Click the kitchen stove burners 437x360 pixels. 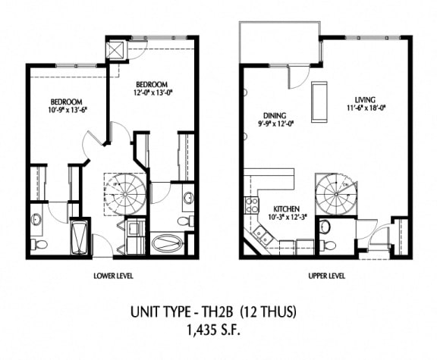pyautogui.click(x=250, y=205)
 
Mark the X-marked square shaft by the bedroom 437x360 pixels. pyautogui.click(x=117, y=49)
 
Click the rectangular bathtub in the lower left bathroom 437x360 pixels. pyautogui.click(x=78, y=236)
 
